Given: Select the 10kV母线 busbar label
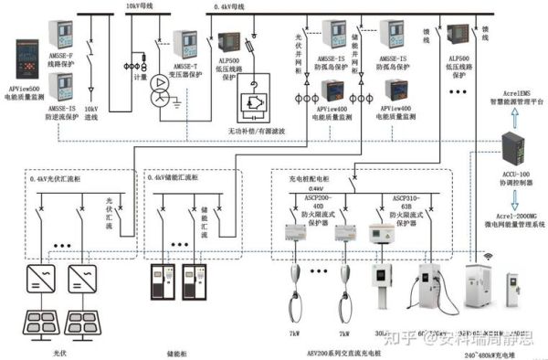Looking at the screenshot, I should click(139, 5).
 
